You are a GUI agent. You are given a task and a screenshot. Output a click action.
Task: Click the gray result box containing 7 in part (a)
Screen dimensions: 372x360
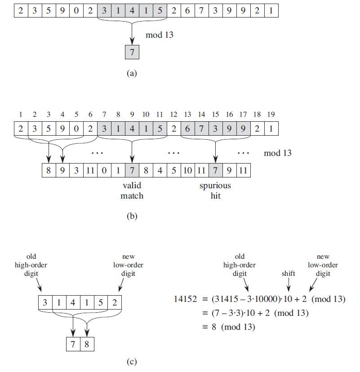click(132, 52)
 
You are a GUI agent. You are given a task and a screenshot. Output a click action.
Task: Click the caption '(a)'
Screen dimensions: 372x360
click(131, 72)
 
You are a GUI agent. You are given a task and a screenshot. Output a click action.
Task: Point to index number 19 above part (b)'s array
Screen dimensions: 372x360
click(271, 115)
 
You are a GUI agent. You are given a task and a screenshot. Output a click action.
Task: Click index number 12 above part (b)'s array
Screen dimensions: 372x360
click(173, 115)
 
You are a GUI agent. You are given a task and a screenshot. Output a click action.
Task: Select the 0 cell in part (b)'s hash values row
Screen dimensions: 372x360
click(104, 170)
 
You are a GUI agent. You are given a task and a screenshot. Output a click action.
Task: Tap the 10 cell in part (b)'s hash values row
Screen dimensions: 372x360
click(188, 170)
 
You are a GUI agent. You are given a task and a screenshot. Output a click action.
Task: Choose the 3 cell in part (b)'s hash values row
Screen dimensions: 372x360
click(76, 170)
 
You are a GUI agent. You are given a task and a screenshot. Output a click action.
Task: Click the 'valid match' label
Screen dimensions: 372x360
click(132, 190)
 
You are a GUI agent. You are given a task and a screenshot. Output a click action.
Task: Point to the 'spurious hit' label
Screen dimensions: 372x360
click(215, 190)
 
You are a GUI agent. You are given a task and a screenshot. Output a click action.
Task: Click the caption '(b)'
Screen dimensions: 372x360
click(132, 217)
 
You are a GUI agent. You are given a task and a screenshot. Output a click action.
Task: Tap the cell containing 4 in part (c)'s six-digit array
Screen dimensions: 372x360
click(73, 302)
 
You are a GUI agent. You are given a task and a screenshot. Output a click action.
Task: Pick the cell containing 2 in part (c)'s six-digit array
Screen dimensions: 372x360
click(115, 302)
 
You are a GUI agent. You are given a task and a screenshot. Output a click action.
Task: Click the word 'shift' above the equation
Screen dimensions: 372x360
click(288, 273)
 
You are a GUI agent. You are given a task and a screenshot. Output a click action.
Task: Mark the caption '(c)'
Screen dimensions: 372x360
click(131, 361)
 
